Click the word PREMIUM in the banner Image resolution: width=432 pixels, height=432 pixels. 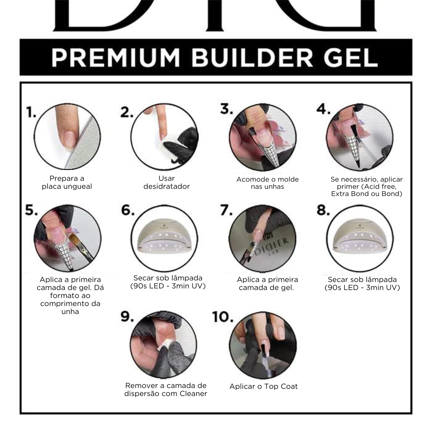click(x=116, y=58)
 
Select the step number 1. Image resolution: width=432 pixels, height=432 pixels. click(x=31, y=112)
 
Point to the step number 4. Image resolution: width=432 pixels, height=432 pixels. click(x=323, y=109)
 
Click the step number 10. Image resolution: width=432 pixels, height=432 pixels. click(x=223, y=317)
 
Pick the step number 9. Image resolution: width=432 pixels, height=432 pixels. click(x=127, y=316)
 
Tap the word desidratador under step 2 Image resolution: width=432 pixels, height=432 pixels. click(x=166, y=186)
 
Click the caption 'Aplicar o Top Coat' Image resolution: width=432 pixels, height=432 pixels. click(x=263, y=386)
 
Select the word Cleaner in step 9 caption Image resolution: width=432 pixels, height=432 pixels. click(x=193, y=394)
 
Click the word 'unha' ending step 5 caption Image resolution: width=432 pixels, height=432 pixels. click(x=70, y=312)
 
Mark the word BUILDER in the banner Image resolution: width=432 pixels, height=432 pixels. click(x=252, y=58)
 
